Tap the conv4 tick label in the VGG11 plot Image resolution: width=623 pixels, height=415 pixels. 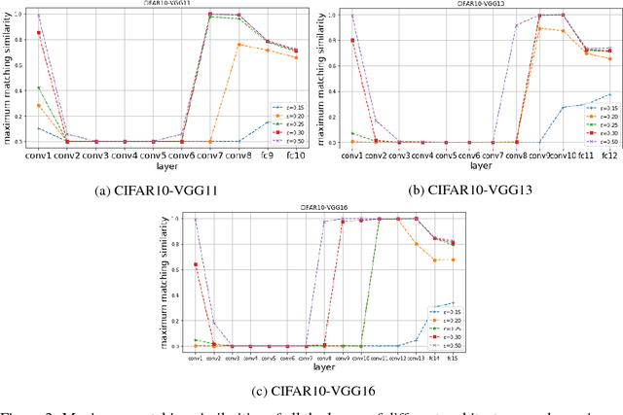124,155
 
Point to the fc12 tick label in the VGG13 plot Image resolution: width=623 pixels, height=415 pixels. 609,155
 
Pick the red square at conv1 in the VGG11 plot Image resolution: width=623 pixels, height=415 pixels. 39,33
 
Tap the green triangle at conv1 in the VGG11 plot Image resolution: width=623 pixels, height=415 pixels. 39,87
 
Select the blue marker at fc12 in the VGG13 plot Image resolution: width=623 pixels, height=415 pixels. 609,94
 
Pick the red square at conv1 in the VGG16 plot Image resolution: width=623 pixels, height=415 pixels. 196,264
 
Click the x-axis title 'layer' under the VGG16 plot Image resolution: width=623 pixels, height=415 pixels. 310,366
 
